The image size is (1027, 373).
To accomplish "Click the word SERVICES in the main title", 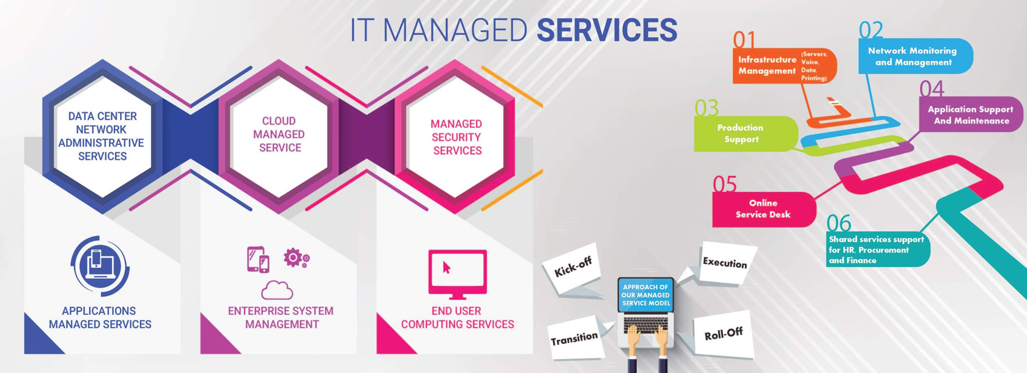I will pyautogui.click(x=606, y=30).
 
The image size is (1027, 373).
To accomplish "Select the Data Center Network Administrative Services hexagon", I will pyautogui.click(x=102, y=136).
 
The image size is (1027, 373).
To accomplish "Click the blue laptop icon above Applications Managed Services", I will pyautogui.click(x=100, y=265).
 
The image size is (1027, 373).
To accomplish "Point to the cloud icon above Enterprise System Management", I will pyautogui.click(x=277, y=289).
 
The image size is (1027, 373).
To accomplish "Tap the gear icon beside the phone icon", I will pyautogui.click(x=295, y=257).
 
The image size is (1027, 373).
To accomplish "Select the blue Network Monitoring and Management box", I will pyautogui.click(x=913, y=56).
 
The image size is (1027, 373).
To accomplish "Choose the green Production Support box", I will pyautogui.click(x=743, y=133).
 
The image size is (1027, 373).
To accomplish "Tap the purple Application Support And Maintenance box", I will pyautogui.click(x=970, y=114).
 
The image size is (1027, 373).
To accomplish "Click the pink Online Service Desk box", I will pyautogui.click(x=763, y=209).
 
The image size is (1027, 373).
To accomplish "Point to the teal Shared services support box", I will pyautogui.click(x=877, y=249).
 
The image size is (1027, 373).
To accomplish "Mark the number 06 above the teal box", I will pyautogui.click(x=839, y=223).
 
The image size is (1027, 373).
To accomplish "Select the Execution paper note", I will pyautogui.click(x=725, y=263).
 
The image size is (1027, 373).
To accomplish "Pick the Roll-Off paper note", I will pyautogui.click(x=723, y=334).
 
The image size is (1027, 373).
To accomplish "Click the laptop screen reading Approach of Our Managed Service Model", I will pyautogui.click(x=646, y=295).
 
